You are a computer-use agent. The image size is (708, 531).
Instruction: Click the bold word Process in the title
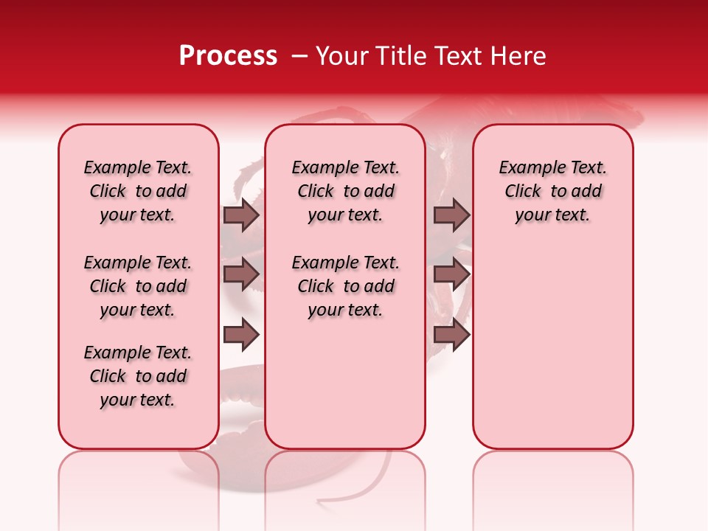tap(228, 56)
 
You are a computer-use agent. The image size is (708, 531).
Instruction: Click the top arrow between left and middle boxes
tap(241, 215)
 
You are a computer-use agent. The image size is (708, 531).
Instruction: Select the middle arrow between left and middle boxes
tap(241, 275)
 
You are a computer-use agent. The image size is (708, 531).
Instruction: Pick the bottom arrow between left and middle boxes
tap(241, 335)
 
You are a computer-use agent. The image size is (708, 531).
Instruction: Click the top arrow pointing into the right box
tap(451, 215)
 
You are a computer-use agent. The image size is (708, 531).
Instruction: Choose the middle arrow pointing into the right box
tap(451, 275)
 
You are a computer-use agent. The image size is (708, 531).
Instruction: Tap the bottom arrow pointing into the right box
tap(451, 335)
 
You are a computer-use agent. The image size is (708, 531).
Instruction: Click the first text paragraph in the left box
tap(138, 191)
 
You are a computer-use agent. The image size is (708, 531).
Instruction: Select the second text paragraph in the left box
tap(138, 286)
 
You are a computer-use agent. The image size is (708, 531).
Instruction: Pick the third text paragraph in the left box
tap(138, 376)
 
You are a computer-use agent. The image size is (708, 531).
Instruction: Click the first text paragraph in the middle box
tap(345, 191)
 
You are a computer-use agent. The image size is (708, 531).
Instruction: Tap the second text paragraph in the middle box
tap(345, 286)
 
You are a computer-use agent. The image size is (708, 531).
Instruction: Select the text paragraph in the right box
tap(552, 191)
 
